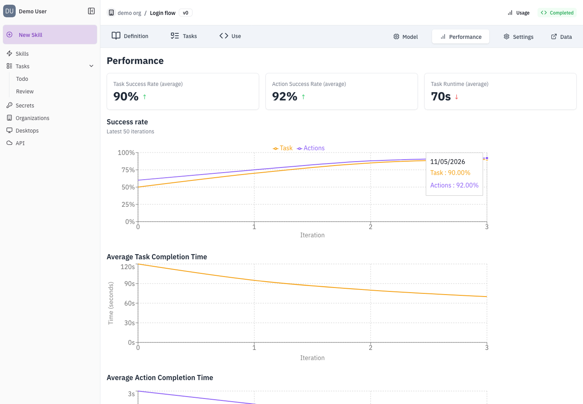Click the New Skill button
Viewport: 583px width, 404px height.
(50, 35)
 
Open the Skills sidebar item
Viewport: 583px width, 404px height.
(22, 54)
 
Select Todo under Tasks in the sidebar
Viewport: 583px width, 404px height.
(22, 79)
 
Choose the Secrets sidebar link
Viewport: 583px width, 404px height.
(25, 106)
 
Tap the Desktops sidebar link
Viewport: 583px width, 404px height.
(27, 130)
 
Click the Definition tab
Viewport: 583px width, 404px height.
(130, 36)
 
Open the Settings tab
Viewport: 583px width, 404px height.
(518, 37)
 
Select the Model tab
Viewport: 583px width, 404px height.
(405, 37)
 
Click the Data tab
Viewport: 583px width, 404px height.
(561, 37)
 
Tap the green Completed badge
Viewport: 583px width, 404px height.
(557, 13)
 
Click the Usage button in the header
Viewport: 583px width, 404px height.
(518, 13)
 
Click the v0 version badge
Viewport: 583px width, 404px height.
(185, 13)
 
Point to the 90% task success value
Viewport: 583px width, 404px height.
(126, 96)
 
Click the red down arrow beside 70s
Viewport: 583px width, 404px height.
(456, 97)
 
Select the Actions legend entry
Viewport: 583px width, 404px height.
(311, 148)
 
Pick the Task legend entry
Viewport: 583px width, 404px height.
(283, 148)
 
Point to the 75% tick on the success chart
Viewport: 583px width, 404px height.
(128, 170)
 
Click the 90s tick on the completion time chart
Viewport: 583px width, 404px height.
(129, 284)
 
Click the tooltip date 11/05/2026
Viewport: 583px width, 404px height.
(447, 162)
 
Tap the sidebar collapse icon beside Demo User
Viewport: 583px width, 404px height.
(91, 11)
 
